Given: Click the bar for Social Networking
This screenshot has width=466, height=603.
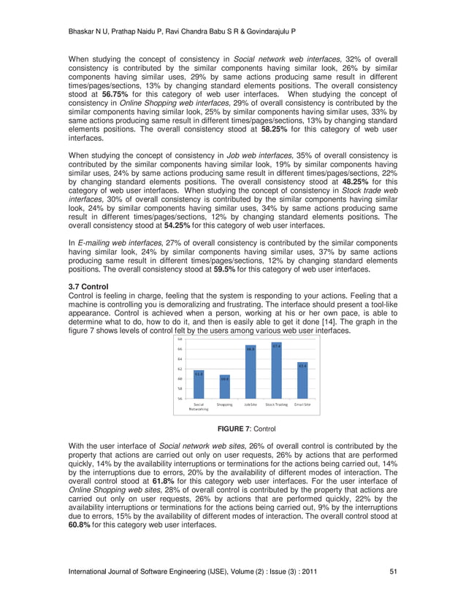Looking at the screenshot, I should (x=199, y=385).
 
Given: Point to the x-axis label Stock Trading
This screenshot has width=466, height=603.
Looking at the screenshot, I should (x=276, y=404).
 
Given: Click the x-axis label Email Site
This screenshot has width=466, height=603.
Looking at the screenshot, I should (x=302, y=404).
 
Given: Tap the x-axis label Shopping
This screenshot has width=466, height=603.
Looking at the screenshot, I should (x=224, y=404).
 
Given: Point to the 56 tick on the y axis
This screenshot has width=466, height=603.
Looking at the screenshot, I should (x=180, y=399).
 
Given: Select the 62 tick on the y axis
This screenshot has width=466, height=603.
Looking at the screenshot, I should (x=180, y=369).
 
